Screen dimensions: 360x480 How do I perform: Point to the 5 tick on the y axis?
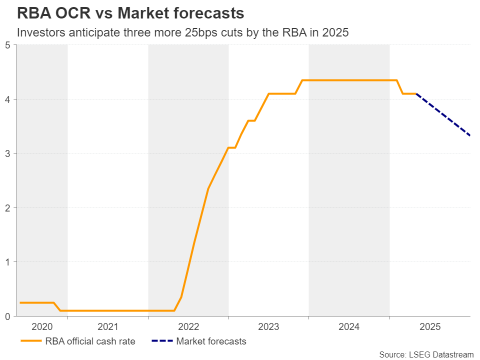tap(7, 45)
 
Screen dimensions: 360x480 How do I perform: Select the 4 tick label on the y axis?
tap(7, 99)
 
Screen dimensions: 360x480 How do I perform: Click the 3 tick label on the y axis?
tap(7, 153)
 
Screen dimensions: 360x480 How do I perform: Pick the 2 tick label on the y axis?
tap(7, 208)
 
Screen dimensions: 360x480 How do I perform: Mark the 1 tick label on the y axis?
tap(7, 262)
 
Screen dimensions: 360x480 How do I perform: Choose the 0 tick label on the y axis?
tap(7, 316)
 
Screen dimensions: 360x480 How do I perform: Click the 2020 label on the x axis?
tap(42, 327)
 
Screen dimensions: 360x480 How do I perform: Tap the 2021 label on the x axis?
tap(108, 327)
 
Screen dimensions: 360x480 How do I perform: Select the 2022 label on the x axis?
tap(188, 327)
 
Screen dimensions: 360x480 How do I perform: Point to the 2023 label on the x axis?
tap(268, 327)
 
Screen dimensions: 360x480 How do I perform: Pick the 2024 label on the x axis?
tap(349, 327)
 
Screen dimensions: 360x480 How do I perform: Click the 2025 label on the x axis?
tap(430, 327)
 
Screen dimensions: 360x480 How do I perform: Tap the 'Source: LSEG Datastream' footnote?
tap(426, 354)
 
